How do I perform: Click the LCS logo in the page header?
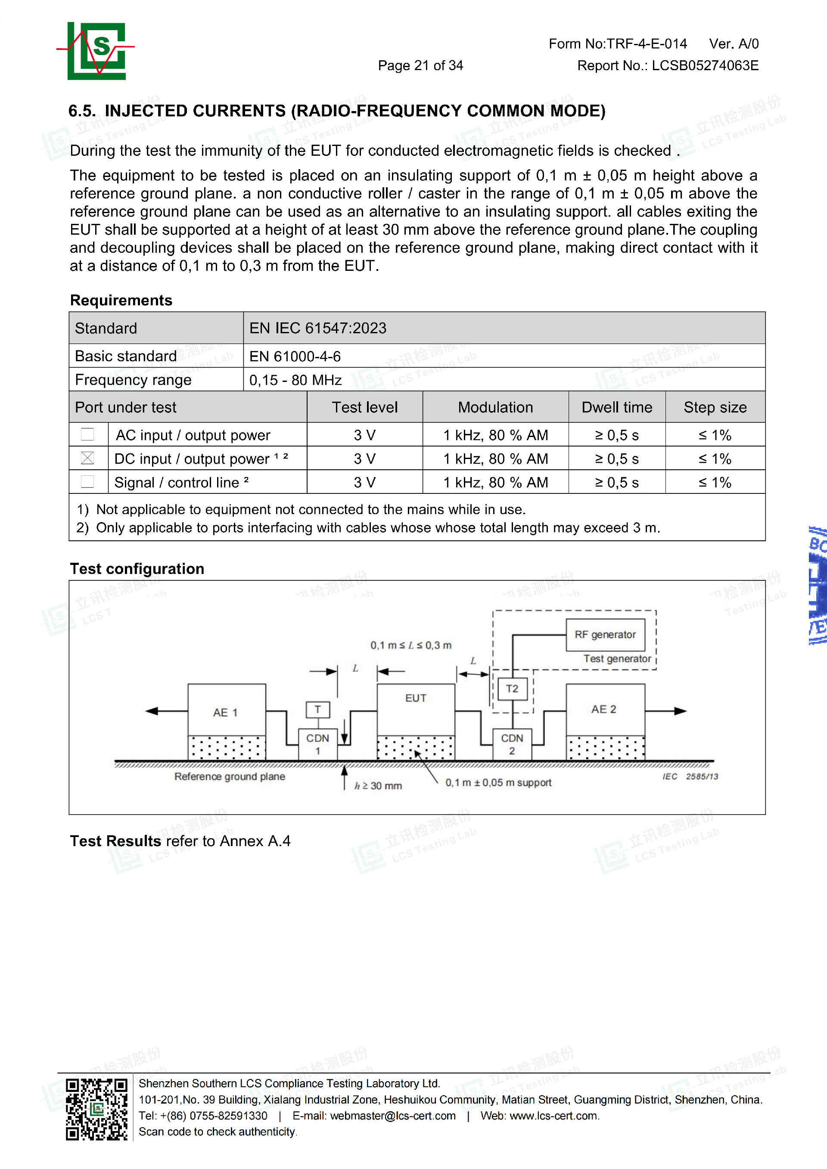tap(96, 50)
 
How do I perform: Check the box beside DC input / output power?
tap(87, 458)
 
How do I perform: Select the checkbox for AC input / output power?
tap(87, 434)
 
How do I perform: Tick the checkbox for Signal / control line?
tap(87, 482)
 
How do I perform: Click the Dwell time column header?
tap(616, 407)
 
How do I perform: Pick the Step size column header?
tap(715, 407)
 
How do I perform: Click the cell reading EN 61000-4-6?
tap(295, 357)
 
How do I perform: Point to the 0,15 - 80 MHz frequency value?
tap(295, 380)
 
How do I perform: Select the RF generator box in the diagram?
tap(605, 634)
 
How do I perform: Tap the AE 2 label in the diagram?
tap(603, 709)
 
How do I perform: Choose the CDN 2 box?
tap(512, 744)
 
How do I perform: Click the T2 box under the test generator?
tap(512, 689)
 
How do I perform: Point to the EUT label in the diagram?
tap(416, 698)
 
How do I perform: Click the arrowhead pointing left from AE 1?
tap(151, 711)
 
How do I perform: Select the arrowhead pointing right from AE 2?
tap(681, 711)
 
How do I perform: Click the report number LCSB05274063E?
tap(705, 66)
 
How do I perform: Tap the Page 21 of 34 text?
tap(420, 66)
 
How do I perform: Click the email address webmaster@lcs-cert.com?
tap(393, 1116)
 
